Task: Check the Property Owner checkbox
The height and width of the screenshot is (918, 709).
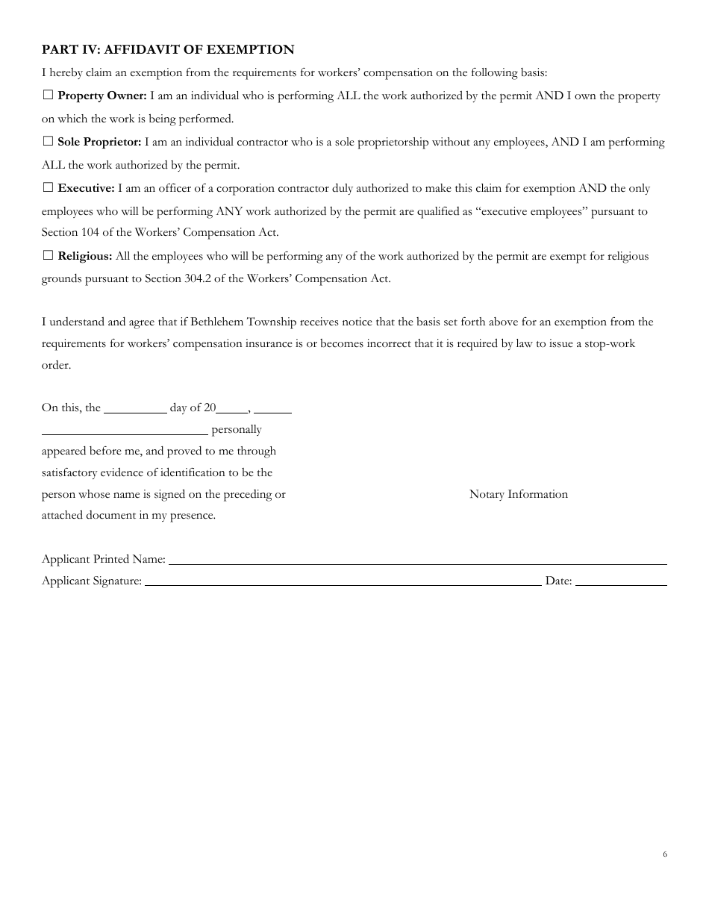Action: pos(48,96)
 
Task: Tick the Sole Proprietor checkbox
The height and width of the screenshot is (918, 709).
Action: pos(48,142)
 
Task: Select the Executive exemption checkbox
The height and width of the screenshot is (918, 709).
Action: pos(48,188)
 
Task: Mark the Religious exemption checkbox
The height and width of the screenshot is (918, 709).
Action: pos(48,256)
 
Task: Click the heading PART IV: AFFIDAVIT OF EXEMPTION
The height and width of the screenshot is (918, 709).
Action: pos(168,50)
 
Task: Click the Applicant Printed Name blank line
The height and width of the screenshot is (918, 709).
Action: pos(418,560)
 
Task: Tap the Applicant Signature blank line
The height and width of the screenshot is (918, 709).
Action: pos(343,581)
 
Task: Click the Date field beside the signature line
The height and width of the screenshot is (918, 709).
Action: pos(621,581)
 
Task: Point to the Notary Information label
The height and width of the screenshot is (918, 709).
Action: pos(519,494)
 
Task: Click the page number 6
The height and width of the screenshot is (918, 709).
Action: pos(664,855)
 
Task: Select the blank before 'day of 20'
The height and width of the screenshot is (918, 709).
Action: pos(135,408)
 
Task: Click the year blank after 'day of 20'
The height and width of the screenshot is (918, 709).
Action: pos(232,408)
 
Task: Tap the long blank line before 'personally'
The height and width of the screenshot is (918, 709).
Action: pos(125,430)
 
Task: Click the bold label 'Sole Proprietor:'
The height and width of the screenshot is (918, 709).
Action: pos(99,142)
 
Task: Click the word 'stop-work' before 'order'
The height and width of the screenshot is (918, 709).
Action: pos(611,344)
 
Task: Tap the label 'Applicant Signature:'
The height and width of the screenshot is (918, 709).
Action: pos(92,581)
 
